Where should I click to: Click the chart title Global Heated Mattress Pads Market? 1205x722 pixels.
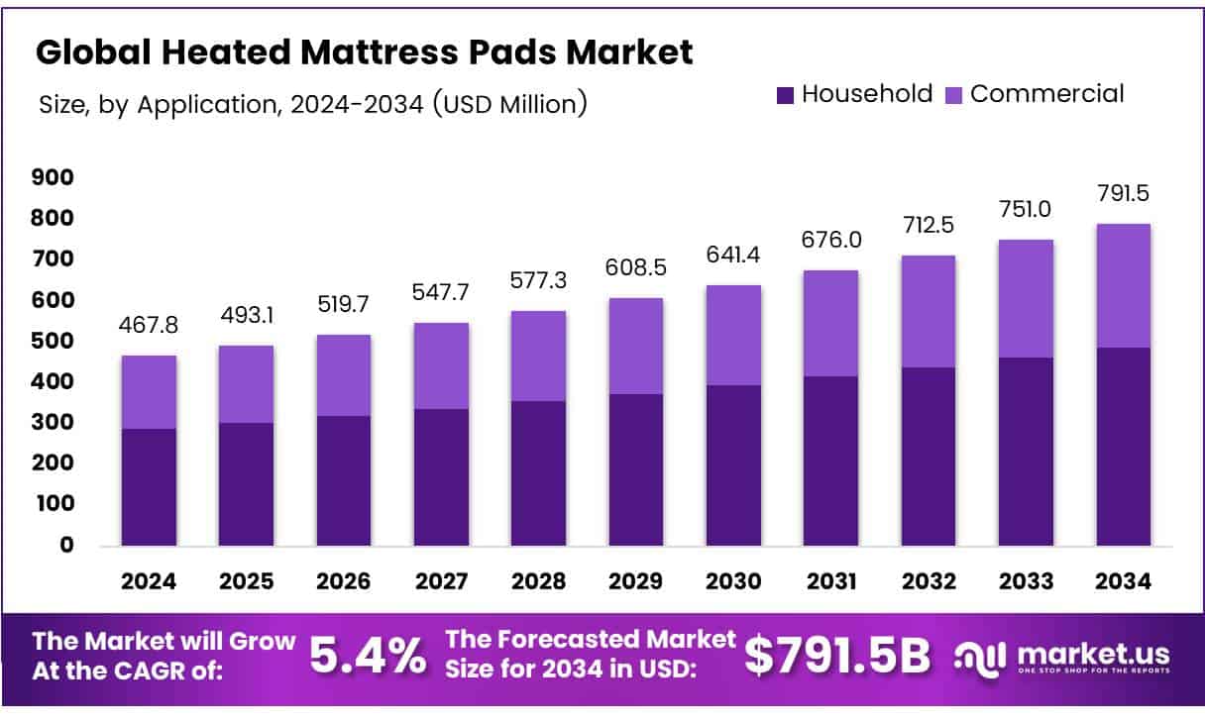364,53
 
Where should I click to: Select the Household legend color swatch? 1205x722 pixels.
785,95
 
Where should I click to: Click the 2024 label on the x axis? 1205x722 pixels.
149,582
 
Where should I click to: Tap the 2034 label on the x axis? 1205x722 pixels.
1124,582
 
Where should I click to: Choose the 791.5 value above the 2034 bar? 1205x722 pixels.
1123,194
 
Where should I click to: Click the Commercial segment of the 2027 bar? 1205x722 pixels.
441,365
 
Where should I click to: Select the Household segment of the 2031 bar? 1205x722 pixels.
831,461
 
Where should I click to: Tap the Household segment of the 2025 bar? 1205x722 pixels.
246,484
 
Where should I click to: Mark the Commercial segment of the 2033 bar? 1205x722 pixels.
1026,298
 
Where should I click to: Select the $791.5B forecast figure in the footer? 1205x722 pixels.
837,655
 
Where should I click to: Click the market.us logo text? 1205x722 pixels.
1091,654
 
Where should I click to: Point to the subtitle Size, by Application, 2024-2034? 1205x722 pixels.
311,104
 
